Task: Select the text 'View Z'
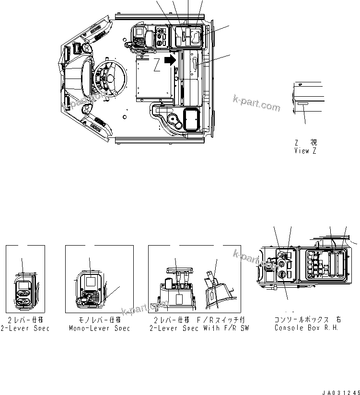(x=305, y=150)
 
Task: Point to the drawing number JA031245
(x=340, y=391)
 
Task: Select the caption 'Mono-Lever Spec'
(x=99, y=328)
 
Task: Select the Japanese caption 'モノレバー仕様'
(x=99, y=319)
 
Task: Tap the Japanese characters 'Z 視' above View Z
(x=305, y=142)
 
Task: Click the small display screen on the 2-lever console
(x=23, y=287)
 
